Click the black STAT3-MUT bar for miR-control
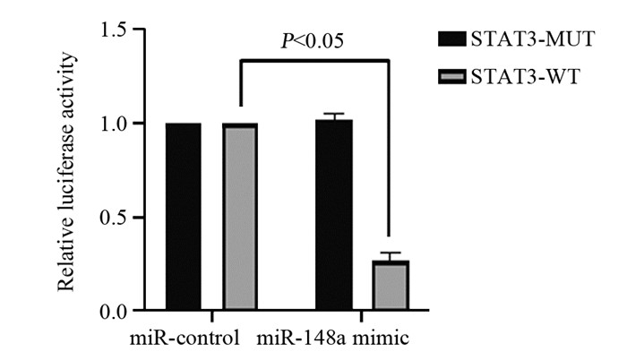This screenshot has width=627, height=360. [183, 217]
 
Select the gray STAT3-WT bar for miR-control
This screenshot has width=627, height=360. [239, 217]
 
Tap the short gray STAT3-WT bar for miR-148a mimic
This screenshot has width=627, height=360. [391, 286]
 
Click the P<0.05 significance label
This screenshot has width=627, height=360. [312, 41]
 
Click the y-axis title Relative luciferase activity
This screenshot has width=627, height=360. [68, 171]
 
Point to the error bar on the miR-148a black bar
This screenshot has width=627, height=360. [333, 116]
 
